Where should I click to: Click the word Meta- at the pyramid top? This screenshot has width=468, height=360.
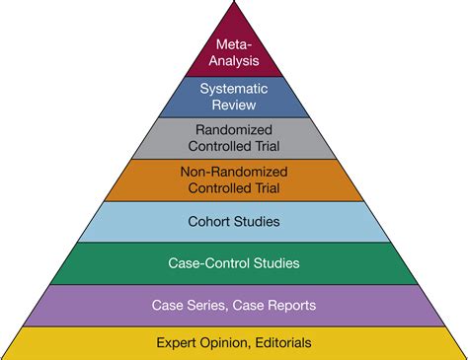(234, 43)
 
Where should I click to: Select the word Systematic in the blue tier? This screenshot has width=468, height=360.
(234, 89)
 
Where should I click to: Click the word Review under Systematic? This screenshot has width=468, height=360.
(234, 104)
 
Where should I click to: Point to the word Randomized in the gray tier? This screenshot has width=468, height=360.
(234, 128)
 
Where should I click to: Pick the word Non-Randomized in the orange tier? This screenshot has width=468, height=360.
(234, 171)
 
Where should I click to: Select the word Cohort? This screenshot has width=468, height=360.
(208, 221)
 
